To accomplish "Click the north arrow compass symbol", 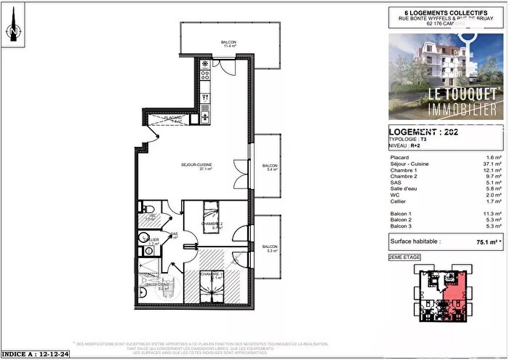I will coord(12,32).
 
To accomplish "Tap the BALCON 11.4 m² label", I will coord(228,45).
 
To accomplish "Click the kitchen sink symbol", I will coord(205,113).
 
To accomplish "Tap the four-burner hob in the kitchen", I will coord(205,65).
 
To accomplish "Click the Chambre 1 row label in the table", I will coord(403,172).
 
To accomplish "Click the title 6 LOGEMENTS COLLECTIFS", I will coord(445,12).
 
